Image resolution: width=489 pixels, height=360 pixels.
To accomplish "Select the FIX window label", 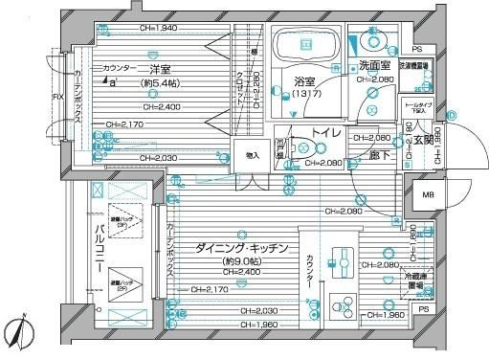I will [x=57, y=97].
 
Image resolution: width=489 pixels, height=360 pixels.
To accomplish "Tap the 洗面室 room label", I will [x=374, y=65].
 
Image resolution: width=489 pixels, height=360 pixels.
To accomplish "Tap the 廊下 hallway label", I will [x=380, y=152].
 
